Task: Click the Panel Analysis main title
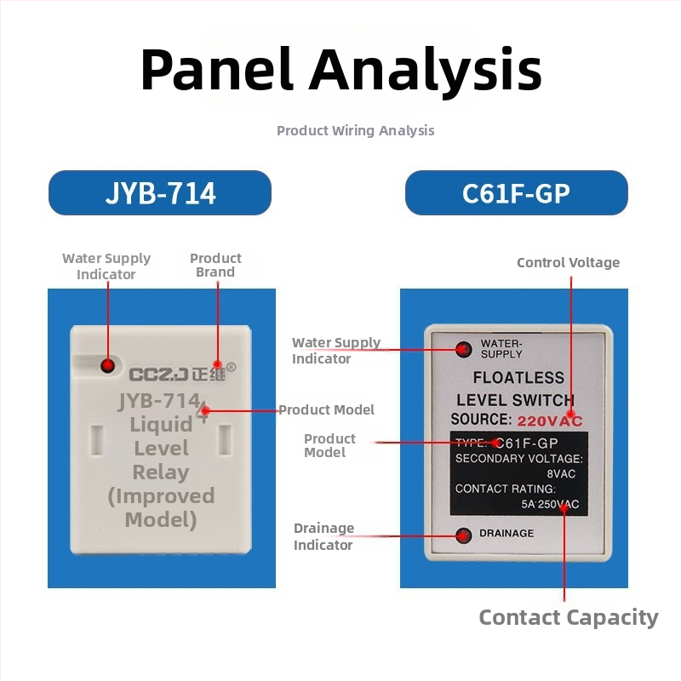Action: (x=341, y=71)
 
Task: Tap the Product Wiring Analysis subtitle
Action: (x=355, y=130)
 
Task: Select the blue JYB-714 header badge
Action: (x=160, y=193)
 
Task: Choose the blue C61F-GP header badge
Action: (x=517, y=193)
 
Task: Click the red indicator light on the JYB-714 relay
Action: (x=107, y=365)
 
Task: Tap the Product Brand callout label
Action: (x=215, y=265)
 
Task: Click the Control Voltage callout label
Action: (x=568, y=262)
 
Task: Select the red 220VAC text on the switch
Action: (x=550, y=421)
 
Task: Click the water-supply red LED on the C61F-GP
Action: (x=463, y=349)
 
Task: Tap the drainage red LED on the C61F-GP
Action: (x=463, y=535)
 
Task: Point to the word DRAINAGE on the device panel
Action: (x=506, y=534)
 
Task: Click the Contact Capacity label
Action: (x=569, y=617)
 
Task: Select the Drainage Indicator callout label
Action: (x=323, y=536)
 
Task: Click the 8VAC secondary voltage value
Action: (x=561, y=474)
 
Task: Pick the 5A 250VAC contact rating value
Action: (x=550, y=504)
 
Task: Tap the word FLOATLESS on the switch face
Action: (x=518, y=378)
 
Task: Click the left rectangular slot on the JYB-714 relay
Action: (x=96, y=440)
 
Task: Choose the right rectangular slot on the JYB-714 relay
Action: (x=225, y=440)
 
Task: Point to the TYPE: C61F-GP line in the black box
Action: (x=506, y=443)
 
